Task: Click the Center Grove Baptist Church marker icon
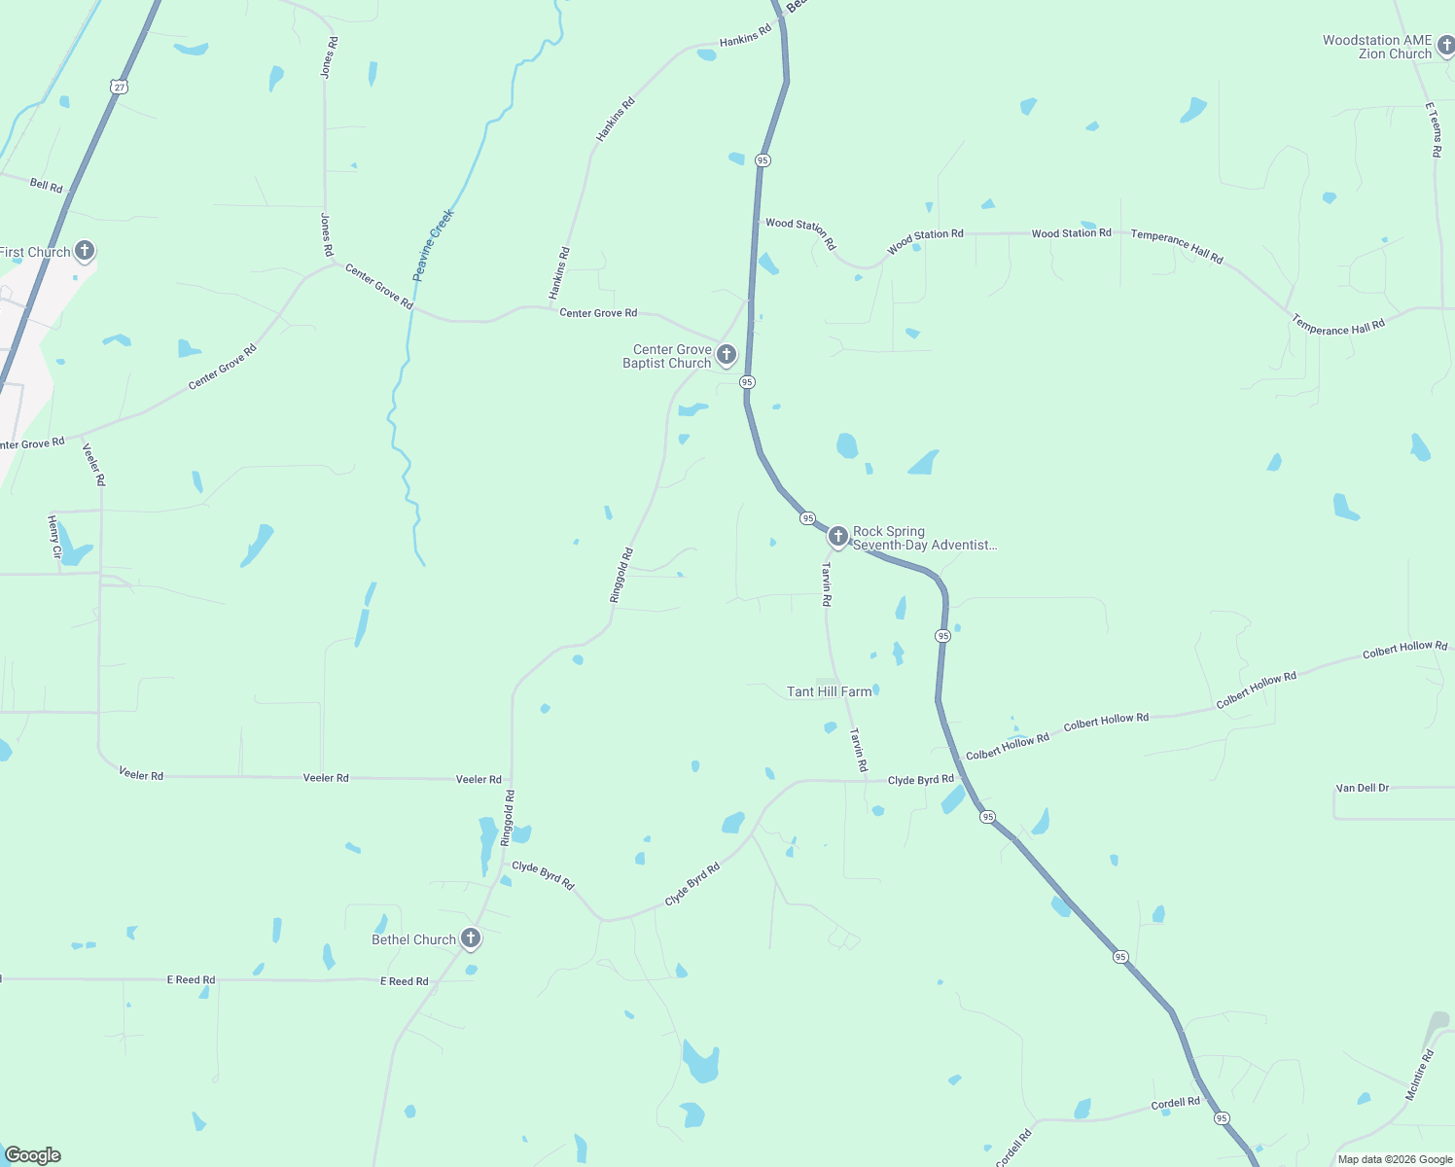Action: coord(726,354)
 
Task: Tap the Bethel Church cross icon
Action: coord(471,938)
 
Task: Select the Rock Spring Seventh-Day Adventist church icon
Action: coord(837,536)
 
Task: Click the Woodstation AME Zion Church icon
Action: coord(1445,45)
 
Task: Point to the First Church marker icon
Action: coord(85,251)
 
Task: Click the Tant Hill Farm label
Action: coord(829,691)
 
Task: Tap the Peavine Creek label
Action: coord(433,245)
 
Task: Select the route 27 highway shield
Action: coord(119,87)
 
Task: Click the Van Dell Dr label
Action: coord(1362,788)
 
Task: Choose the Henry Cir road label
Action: coord(54,537)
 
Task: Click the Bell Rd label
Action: coord(46,185)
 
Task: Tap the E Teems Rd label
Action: coord(1434,130)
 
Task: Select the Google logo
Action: coord(32,1155)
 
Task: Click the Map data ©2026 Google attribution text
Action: coord(1395,1159)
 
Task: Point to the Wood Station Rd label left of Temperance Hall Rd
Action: coord(1071,233)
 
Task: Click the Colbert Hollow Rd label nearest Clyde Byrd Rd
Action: coord(1007,747)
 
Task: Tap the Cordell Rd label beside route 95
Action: coord(1175,1104)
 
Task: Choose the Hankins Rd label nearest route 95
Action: coord(745,36)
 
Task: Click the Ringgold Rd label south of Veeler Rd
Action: coord(507,817)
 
